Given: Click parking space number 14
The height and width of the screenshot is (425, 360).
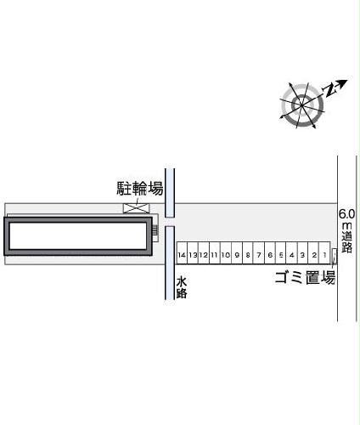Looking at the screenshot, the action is [182, 253].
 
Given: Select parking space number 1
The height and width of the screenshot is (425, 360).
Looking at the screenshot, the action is [324, 253].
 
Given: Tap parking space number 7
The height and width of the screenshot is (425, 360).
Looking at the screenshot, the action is [259, 253].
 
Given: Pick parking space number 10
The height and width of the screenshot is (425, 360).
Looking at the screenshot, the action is [226, 253].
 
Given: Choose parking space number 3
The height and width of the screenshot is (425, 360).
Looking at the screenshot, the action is [302, 253].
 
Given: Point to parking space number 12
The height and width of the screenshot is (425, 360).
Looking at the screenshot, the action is [204, 253].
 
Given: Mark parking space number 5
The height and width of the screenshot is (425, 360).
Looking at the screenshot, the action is [281, 253].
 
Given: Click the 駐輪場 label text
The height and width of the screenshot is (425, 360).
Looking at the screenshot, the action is [140, 188].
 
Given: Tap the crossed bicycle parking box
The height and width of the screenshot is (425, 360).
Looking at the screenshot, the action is [136, 208].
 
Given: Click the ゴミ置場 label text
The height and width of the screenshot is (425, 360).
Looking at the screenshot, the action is [306, 277].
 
